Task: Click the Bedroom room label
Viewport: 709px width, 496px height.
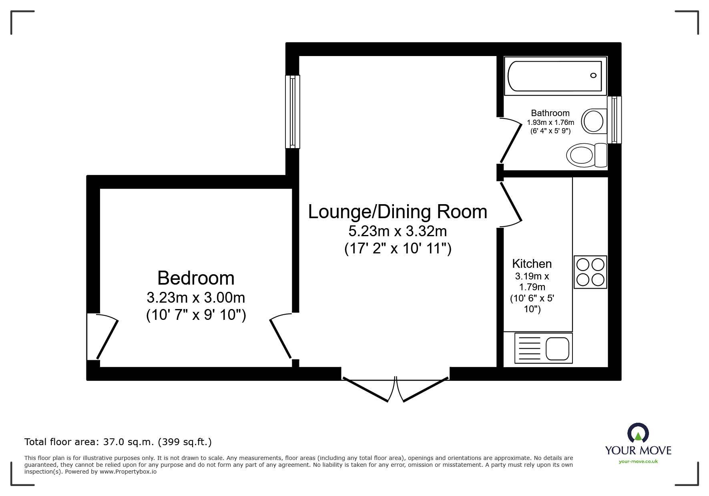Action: click(x=196, y=278)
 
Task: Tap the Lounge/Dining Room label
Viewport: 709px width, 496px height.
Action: click(x=398, y=212)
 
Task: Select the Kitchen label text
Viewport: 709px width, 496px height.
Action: click(x=532, y=264)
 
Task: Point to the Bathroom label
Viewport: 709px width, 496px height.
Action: click(x=550, y=113)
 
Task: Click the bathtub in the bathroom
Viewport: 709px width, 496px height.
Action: click(x=555, y=76)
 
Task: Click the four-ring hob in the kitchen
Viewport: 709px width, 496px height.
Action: click(x=590, y=272)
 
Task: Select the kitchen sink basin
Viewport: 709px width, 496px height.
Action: click(x=557, y=348)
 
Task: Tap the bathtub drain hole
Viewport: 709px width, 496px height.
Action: click(x=593, y=75)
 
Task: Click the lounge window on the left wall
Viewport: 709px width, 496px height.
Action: click(x=293, y=112)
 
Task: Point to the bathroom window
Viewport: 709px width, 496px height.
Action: click(x=615, y=120)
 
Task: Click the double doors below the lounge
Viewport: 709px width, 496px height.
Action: click(x=396, y=388)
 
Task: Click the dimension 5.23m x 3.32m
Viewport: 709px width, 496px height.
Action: click(x=398, y=231)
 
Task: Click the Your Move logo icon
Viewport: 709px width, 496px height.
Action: click(x=638, y=433)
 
